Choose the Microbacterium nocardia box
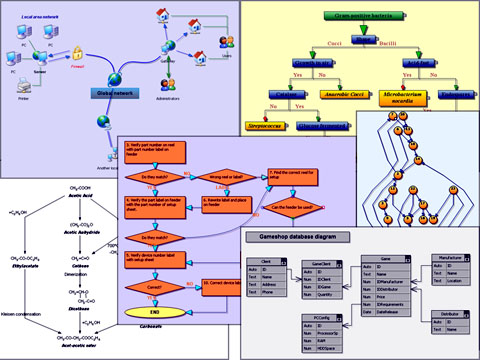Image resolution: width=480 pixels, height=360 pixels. tap(407, 96)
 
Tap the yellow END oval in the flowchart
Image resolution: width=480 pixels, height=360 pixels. tap(152, 312)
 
